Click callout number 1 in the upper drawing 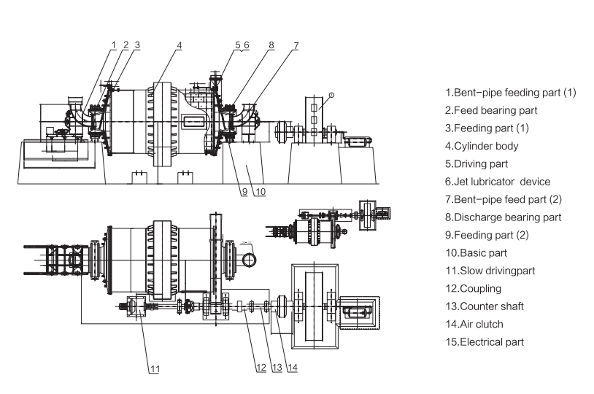114,45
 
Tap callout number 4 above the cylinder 179,45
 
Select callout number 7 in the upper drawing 296,45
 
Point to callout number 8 271,45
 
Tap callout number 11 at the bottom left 154,369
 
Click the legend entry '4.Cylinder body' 486,146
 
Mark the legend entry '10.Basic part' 481,252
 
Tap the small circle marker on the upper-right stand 331,93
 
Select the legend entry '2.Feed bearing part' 492,110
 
